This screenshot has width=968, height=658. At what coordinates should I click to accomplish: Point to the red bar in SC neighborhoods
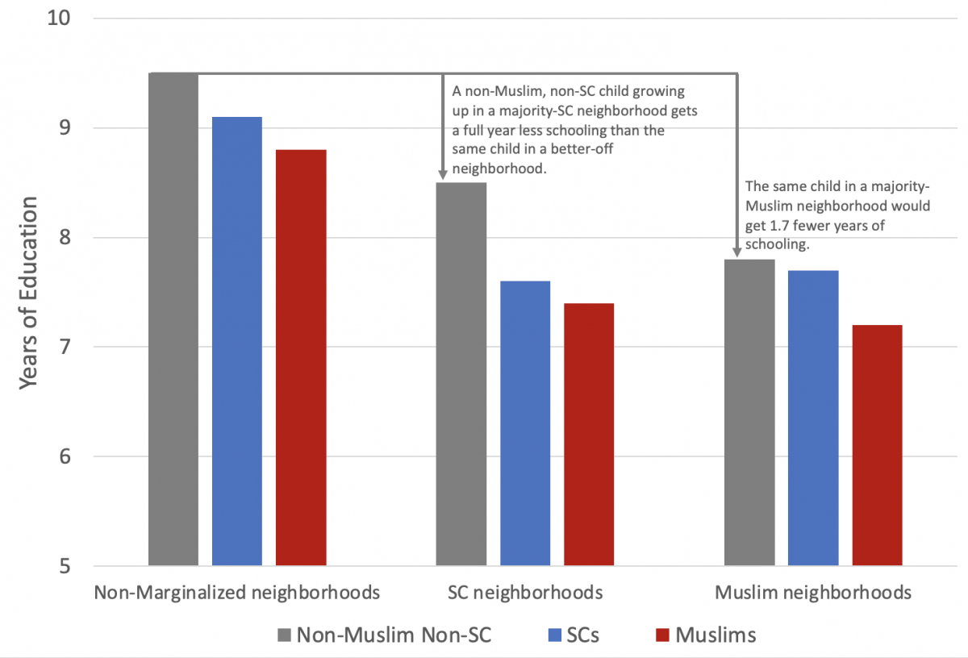point(589,435)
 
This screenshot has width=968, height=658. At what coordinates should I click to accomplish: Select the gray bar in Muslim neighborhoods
point(749,412)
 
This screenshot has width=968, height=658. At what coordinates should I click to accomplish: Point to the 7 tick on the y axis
point(64,348)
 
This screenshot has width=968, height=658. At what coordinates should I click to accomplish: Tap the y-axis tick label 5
point(64,566)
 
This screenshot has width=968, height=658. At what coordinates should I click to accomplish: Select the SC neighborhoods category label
point(525,593)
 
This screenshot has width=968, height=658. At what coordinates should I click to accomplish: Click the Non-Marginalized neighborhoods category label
point(237,593)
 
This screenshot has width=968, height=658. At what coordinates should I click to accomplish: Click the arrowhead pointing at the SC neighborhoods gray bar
point(443,173)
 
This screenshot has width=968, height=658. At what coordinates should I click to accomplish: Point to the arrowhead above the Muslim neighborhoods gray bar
point(736,251)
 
